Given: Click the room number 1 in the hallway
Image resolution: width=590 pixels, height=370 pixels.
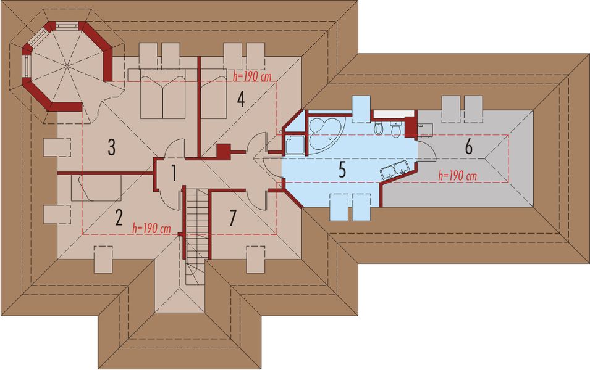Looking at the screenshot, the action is [x=174, y=173].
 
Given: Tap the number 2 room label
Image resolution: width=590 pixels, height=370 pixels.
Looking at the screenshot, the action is [x=119, y=218].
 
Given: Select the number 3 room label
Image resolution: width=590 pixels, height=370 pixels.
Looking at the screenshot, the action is [x=111, y=147].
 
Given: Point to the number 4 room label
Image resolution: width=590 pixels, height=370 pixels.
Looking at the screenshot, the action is [x=241, y=99].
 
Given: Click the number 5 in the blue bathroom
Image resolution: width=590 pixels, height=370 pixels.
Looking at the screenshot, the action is [x=342, y=170].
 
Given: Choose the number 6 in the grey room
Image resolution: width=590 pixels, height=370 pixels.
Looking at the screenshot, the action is [x=468, y=147].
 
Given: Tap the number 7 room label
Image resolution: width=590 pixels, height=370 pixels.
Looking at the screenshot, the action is [x=233, y=218].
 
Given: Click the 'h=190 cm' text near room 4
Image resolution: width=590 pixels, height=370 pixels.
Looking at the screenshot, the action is [x=252, y=76].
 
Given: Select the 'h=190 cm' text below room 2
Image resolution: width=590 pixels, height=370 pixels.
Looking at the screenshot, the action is [x=151, y=228].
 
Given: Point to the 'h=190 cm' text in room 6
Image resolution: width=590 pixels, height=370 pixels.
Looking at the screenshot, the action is [x=458, y=175].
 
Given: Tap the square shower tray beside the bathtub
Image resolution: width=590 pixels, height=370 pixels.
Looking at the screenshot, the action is [x=295, y=145].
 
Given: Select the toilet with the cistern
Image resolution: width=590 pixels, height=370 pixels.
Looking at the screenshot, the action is [x=396, y=129].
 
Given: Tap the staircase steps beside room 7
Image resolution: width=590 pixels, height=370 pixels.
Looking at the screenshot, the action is [x=196, y=237].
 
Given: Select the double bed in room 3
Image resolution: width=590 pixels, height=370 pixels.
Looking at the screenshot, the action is [x=163, y=94].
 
